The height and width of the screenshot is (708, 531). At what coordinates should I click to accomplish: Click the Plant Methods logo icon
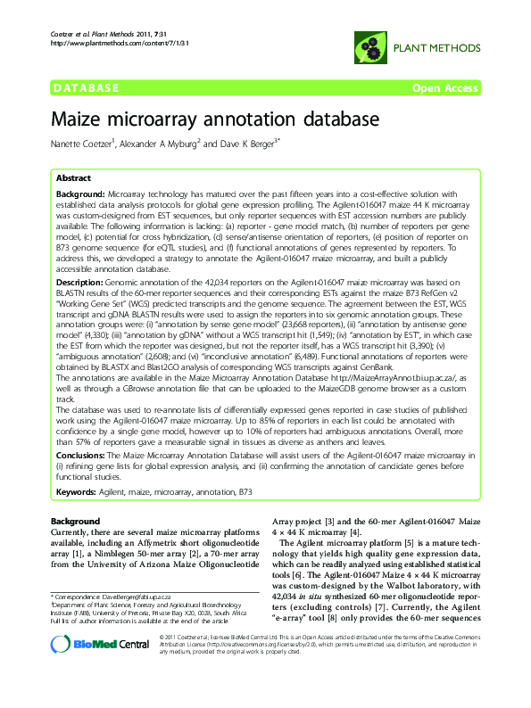point(369,45)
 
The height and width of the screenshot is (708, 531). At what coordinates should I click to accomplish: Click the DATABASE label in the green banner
point(87,87)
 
